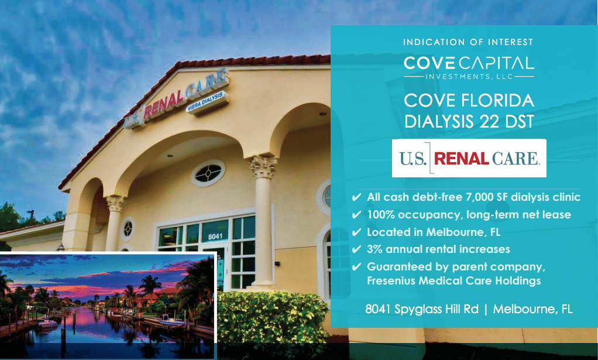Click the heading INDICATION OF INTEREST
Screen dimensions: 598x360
point(468,42)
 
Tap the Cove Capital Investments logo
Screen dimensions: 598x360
point(469,68)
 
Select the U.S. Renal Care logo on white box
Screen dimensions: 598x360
point(469,158)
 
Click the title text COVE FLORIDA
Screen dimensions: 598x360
point(469,101)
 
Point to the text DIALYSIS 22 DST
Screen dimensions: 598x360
point(469,121)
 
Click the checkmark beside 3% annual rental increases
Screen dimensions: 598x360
point(356,249)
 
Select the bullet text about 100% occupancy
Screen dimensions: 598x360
point(469,215)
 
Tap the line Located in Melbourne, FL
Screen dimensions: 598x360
point(433,232)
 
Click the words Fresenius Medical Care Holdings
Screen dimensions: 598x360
point(454,280)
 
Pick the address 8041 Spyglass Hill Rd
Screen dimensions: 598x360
point(422,308)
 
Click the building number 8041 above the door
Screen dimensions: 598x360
point(215,236)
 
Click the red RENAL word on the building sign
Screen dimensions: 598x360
point(164,104)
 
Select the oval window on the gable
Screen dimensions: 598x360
point(208,173)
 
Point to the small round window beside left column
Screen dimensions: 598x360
point(128,229)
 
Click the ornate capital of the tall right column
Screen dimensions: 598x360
point(263,167)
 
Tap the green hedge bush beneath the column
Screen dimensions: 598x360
point(272,320)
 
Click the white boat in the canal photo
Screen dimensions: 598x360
point(47,324)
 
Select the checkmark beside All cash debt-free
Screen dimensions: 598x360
point(356,197)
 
